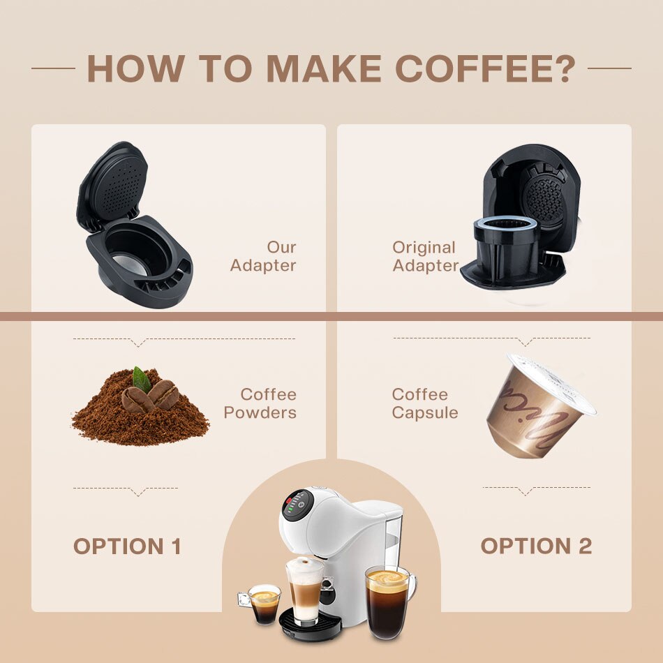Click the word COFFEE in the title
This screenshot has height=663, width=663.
tap(475, 68)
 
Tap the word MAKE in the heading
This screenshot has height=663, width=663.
tap(323, 68)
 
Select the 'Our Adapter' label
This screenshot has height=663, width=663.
tap(263, 256)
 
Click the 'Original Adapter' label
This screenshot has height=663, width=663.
tap(425, 256)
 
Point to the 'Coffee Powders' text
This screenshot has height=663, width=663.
tap(260, 403)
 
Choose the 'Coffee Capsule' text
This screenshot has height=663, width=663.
tap(425, 403)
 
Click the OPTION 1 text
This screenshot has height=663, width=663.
tap(127, 546)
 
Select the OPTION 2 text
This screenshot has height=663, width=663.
tap(536, 546)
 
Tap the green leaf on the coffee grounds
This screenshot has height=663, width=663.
tap(142, 379)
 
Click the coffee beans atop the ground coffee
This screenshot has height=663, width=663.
tap(151, 396)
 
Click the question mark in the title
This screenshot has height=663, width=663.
tap(566, 68)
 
